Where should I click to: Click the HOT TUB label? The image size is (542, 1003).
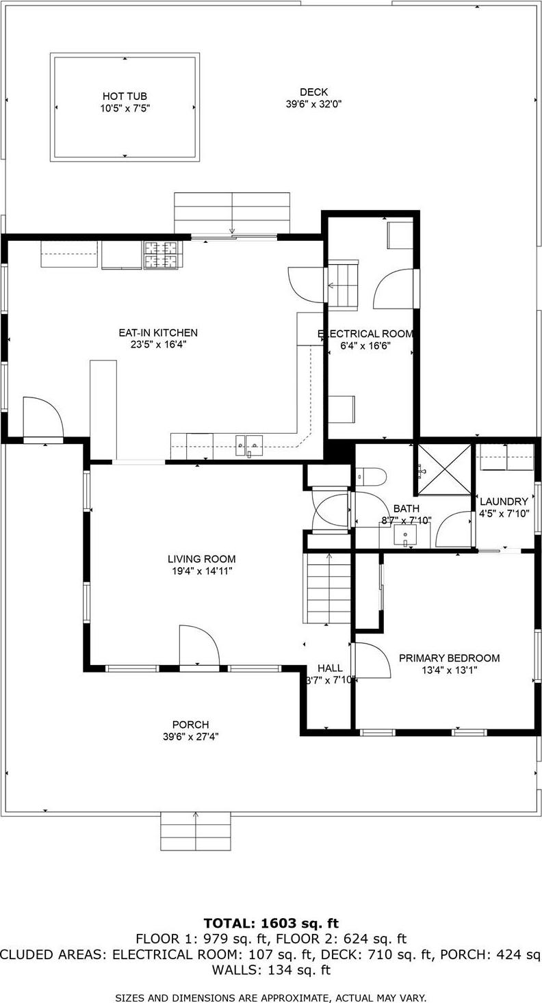125,96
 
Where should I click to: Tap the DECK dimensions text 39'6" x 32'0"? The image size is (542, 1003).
313,105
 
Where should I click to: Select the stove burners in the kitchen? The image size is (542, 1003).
161,255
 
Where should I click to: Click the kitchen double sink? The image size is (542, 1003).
247,445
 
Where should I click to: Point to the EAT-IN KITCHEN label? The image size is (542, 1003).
158,333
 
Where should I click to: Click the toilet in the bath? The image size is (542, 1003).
371,475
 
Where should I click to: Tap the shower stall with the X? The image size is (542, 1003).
445,469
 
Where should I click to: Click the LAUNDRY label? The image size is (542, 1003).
504,501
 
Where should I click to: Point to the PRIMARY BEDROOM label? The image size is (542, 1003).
449,658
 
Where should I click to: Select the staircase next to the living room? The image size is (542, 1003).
328,588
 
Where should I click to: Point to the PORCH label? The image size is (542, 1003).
190,725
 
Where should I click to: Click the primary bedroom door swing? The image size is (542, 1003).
371,660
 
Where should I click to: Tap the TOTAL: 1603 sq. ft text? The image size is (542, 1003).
271,924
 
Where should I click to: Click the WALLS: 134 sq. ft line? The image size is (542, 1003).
271,969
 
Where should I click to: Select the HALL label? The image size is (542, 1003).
329,668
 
